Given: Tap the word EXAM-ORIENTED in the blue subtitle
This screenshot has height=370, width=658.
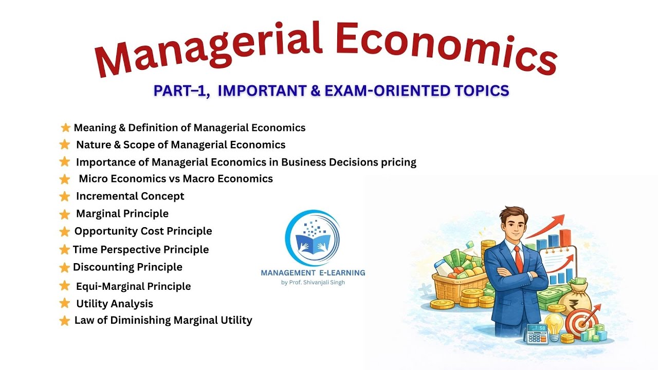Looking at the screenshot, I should click(x=396, y=91).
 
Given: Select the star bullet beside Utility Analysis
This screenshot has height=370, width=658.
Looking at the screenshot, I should click(x=64, y=303).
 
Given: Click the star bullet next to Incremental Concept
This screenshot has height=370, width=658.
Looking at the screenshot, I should click(x=64, y=196).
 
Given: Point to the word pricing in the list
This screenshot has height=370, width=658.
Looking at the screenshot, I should click(x=395, y=162).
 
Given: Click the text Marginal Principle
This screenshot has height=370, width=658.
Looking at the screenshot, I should click(x=122, y=213).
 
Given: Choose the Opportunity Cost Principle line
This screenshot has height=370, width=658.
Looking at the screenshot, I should click(x=143, y=231).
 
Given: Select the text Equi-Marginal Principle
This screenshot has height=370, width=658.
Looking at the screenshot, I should click(x=133, y=286).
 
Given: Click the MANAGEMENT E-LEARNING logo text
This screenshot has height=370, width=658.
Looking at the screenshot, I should click(x=313, y=273).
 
